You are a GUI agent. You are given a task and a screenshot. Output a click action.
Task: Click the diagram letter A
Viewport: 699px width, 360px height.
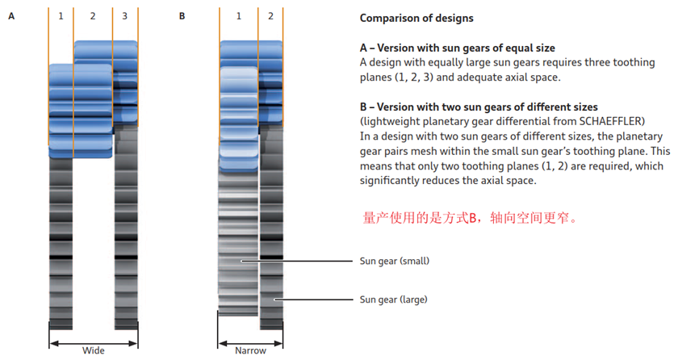click(12, 16)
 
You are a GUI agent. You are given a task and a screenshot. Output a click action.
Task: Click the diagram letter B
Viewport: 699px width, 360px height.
click(182, 16)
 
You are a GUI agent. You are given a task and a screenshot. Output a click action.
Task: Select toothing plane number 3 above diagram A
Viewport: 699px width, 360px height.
click(125, 16)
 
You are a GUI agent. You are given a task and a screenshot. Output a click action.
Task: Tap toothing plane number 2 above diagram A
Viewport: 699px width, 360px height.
click(93, 16)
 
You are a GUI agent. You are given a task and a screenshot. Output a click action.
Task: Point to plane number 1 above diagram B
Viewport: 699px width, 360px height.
click(239, 16)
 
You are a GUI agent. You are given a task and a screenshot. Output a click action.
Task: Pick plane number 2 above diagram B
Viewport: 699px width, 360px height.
click(270, 16)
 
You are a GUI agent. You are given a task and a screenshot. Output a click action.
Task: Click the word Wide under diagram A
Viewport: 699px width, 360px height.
click(94, 350)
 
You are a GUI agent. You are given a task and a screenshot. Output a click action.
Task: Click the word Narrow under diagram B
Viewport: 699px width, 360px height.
click(250, 350)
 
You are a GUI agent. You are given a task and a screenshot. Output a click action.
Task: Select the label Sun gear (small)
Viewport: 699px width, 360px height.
click(394, 261)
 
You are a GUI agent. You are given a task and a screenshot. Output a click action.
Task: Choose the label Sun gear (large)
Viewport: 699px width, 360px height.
click(394, 299)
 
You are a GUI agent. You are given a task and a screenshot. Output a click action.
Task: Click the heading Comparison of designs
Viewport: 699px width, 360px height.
click(416, 18)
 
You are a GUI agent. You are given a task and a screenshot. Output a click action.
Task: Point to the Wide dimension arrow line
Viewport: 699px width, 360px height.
click(94, 341)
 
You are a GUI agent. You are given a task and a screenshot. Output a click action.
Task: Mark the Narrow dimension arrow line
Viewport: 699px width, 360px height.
click(250, 341)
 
